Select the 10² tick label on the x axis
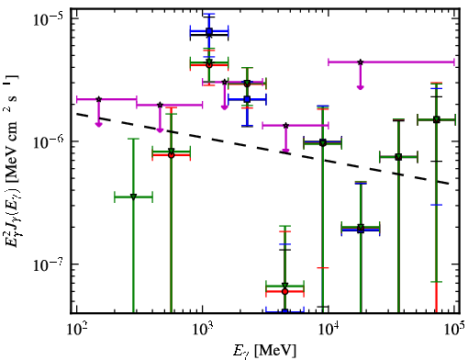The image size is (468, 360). (x=77, y=330)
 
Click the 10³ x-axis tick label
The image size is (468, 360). (x=203, y=330)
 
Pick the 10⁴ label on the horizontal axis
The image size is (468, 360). (x=329, y=330)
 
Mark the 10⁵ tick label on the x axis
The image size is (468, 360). (x=455, y=330)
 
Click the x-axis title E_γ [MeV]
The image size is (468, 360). (x=265, y=351)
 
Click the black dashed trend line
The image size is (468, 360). (x=263, y=149)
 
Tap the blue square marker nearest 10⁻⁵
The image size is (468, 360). (x=209, y=31)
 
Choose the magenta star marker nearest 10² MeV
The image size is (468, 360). (x=98, y=99)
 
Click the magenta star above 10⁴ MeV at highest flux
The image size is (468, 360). (x=361, y=62)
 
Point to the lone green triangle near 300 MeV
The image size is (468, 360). (x=133, y=197)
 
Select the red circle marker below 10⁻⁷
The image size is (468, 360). (x=284, y=291)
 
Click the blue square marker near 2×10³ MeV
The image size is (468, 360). (x=247, y=99)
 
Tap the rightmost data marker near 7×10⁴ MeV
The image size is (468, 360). (x=436, y=119)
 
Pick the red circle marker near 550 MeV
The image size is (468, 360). (x=172, y=155)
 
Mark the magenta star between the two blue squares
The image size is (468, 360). (x=225, y=82)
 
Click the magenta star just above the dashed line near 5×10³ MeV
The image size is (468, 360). (x=285, y=126)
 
